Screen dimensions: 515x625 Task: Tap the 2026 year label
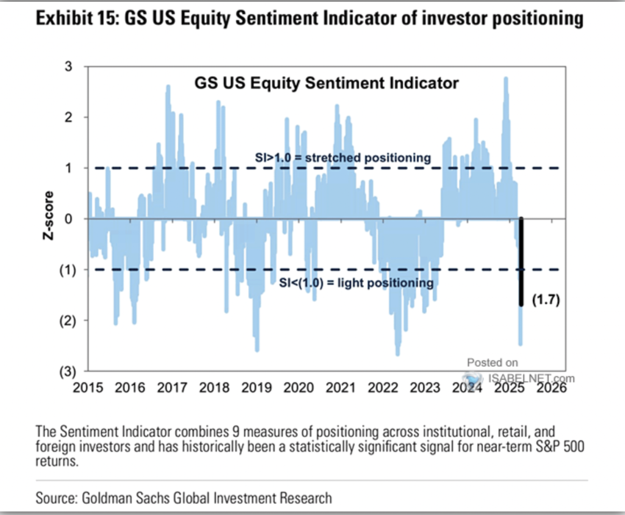(x=551, y=387)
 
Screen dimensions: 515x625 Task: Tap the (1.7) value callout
(x=546, y=301)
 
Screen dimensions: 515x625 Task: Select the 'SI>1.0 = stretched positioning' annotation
(x=342, y=158)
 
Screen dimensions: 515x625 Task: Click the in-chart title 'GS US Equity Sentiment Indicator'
(x=327, y=82)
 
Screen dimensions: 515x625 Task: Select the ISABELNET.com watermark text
(x=524, y=379)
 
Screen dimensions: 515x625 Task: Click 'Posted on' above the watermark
(x=493, y=362)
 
